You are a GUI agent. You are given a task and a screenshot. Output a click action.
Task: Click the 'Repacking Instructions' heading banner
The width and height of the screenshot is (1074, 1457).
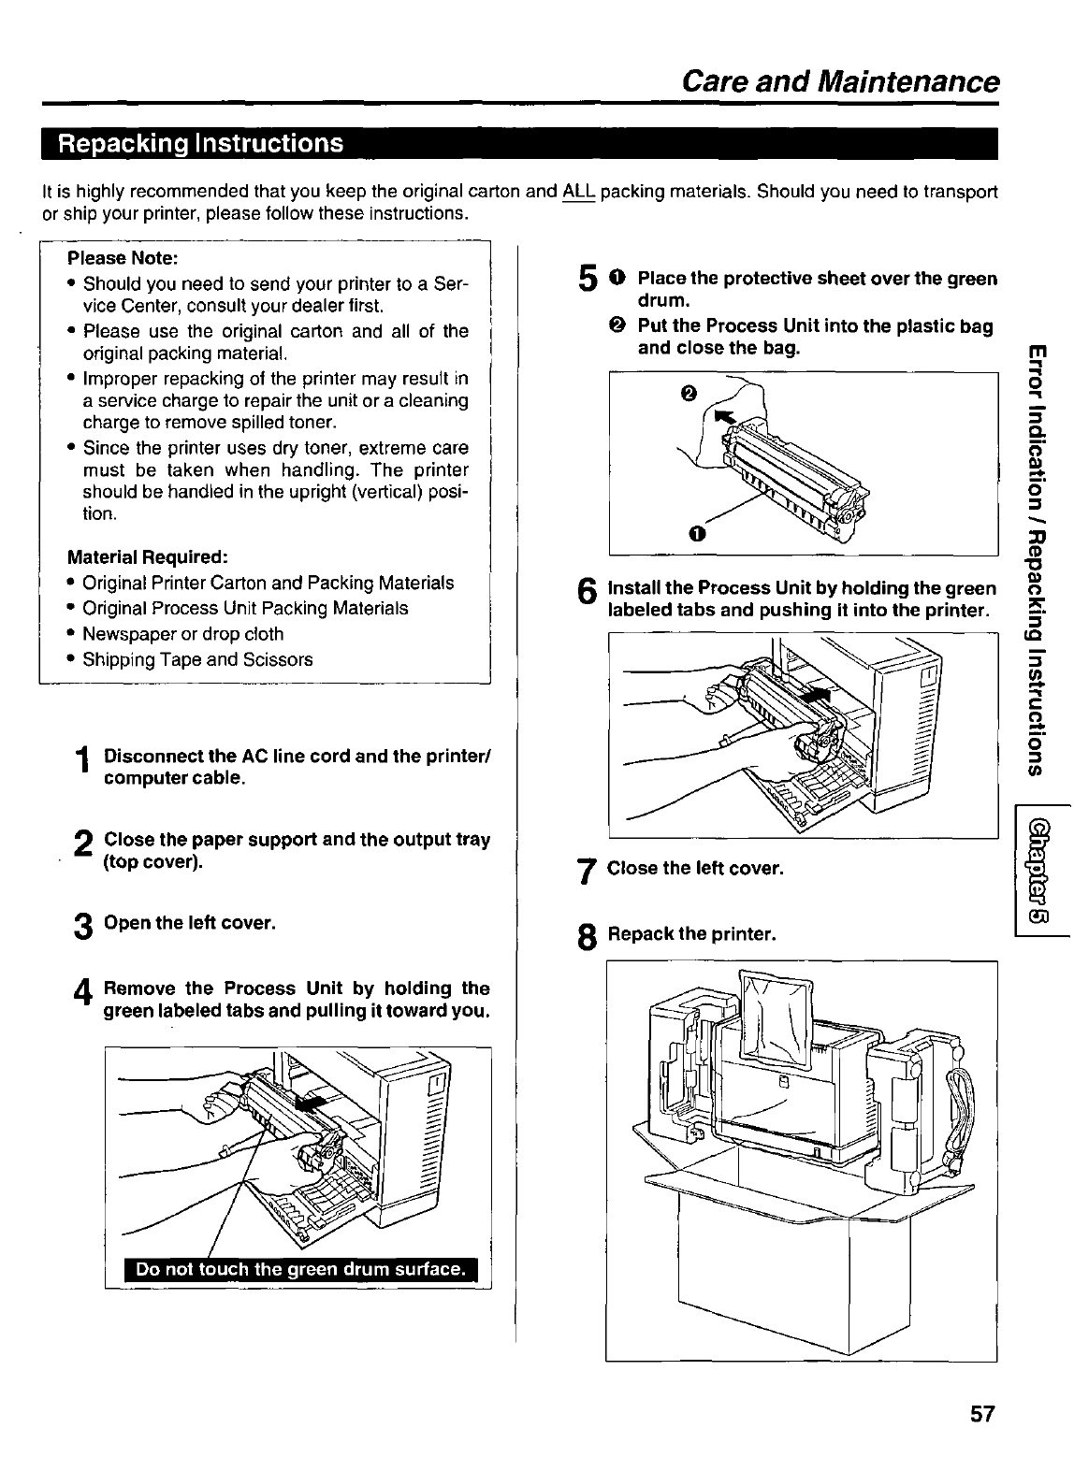201,145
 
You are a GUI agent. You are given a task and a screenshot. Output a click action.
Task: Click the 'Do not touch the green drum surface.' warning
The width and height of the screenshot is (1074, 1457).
300,1269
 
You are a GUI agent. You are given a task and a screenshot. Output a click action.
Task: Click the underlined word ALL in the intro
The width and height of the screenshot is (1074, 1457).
579,193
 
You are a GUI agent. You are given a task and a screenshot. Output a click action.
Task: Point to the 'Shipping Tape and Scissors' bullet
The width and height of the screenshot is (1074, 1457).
197,659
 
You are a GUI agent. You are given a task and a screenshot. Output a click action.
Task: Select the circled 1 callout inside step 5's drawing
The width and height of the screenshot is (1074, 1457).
694,533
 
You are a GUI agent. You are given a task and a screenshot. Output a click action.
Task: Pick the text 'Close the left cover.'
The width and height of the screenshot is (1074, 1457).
695,869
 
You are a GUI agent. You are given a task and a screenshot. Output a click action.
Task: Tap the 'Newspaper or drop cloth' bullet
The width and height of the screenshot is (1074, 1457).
182,634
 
